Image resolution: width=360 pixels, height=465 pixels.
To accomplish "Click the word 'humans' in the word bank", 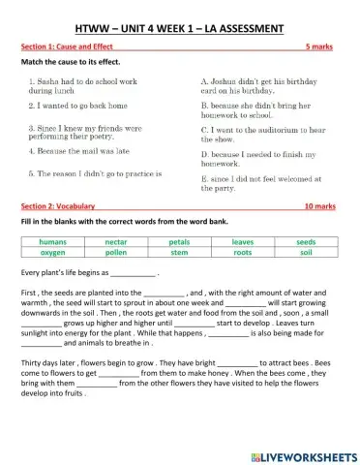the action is pos(52,242).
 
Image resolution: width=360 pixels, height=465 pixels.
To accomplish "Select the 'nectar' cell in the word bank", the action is pos(116,242).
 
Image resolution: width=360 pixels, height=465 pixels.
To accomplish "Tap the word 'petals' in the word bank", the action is pos(179,242).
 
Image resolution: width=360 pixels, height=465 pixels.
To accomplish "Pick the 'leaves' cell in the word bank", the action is pos(242,242).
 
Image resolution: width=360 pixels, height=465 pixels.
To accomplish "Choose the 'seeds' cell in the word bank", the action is pos(306,242).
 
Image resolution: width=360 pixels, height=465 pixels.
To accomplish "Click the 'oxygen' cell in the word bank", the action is pos(52,252).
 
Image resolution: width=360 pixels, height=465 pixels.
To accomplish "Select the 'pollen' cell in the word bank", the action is pos(116,252).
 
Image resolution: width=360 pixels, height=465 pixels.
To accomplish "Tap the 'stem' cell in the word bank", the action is pos(179,252).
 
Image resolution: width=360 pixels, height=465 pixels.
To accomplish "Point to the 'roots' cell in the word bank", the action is pos(242,252).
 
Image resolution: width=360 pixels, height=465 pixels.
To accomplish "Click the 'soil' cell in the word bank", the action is pos(306,252).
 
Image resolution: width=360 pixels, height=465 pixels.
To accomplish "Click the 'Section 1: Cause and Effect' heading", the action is pos(65,46).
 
